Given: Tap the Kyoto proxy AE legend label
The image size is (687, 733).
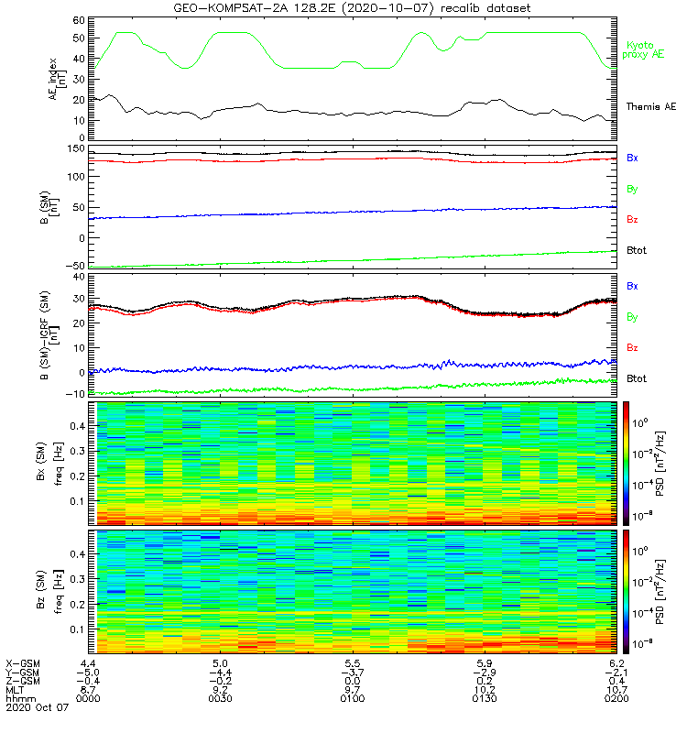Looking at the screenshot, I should point(647,50).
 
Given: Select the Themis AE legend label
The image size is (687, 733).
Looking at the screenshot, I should point(649,107).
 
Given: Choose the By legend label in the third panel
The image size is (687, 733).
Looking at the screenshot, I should point(632,317).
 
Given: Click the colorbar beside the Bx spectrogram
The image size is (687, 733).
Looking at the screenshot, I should point(628,462).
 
